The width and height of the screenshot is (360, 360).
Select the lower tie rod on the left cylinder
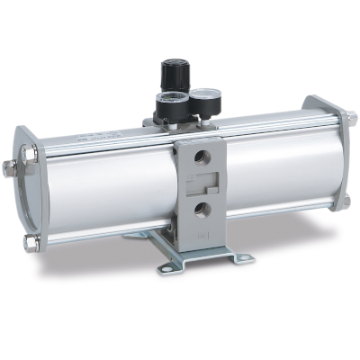[99, 236]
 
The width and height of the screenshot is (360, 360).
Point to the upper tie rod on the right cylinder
[270, 118]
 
